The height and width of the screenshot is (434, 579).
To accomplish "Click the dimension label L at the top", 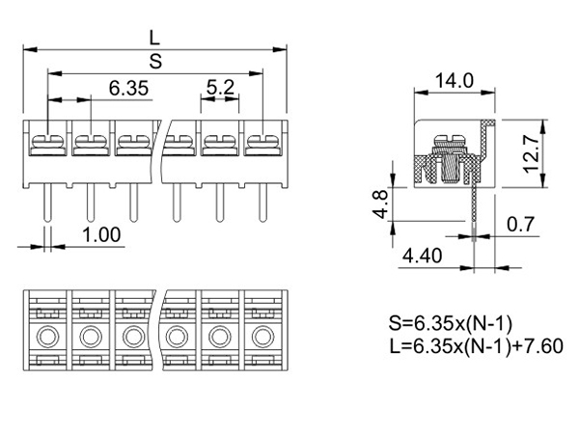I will [154, 37].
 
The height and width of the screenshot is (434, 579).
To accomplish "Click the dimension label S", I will [154, 62].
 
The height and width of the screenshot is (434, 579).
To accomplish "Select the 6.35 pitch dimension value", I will [127, 88].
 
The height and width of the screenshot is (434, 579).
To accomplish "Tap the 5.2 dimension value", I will [220, 88].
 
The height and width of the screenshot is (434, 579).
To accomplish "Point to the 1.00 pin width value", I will [100, 234].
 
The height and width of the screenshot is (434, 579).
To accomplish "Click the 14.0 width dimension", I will [454, 81].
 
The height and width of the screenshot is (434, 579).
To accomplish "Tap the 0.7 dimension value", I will [520, 226].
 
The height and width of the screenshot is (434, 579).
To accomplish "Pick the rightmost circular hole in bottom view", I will [262, 337].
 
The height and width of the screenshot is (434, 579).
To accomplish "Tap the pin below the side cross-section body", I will [475, 207].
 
